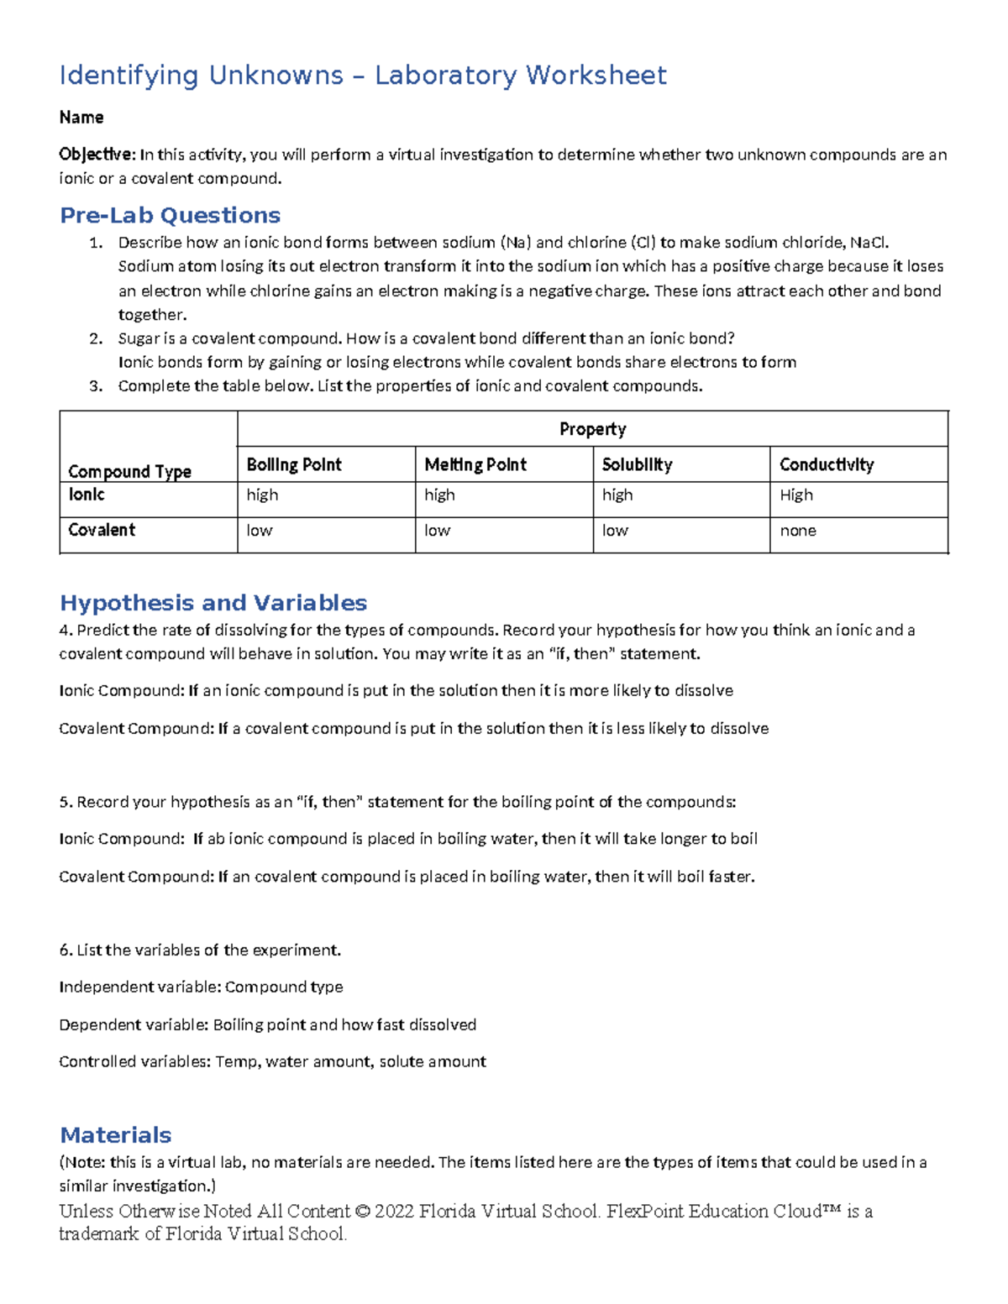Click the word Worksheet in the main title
[x=596, y=76]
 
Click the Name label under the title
[x=81, y=118]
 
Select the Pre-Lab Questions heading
[x=170, y=216]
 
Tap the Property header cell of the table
[x=592, y=429]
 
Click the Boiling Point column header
[x=294, y=464]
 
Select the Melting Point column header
[x=475, y=464]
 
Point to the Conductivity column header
[x=827, y=464]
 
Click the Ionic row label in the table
[x=87, y=495]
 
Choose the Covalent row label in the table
[x=102, y=530]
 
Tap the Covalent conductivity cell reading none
[x=798, y=531]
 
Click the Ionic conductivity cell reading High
[x=796, y=495]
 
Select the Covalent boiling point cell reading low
[x=260, y=531]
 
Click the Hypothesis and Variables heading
[x=213, y=603]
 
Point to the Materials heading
[x=116, y=1135]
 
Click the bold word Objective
[x=96, y=154]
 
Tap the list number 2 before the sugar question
[x=96, y=338]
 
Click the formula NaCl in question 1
[x=869, y=243]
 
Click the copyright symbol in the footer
[x=362, y=1212]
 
